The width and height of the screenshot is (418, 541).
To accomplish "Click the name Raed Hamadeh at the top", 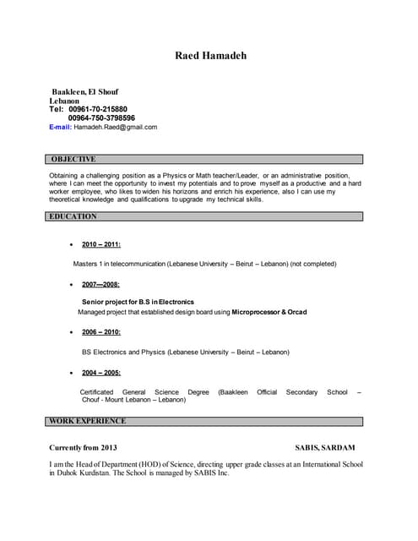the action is click(210, 56).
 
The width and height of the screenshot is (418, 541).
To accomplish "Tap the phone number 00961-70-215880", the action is click(98, 109).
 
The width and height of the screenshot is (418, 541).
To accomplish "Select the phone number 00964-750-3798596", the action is click(101, 118).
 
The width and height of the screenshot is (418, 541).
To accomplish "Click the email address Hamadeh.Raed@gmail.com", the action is click(116, 127).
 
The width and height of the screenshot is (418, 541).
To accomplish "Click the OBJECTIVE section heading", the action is click(73, 159).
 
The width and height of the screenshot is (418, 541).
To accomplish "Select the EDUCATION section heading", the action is click(73, 216).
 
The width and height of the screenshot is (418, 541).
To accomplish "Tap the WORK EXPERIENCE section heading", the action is click(88, 420).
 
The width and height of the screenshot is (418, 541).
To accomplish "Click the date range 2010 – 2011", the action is click(101, 244).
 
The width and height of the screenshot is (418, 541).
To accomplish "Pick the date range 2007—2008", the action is click(100, 285).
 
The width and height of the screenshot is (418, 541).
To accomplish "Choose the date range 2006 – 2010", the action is click(101, 332).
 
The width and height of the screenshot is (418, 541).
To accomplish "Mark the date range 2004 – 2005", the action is click(101, 372).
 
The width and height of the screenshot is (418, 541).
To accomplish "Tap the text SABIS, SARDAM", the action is click(325, 447).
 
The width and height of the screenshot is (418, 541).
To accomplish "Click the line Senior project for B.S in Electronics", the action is click(138, 302).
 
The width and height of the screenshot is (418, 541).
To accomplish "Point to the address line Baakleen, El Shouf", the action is click(85, 91).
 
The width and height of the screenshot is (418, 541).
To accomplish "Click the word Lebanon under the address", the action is click(64, 101).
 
